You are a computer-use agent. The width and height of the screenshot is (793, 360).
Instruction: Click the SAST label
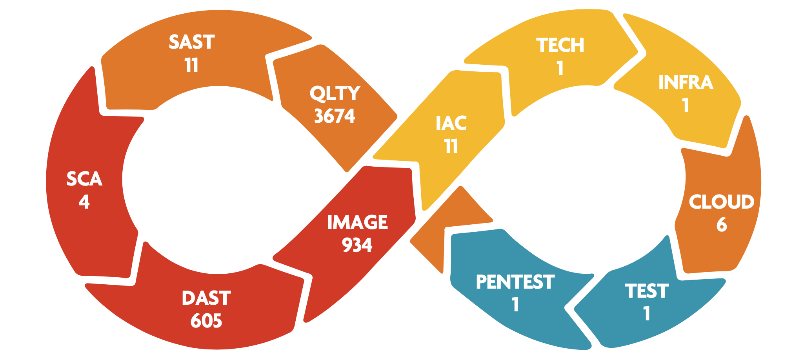192,42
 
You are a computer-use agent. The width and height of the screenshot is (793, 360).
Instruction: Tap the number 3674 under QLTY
335,116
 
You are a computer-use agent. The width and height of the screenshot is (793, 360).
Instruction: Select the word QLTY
335,93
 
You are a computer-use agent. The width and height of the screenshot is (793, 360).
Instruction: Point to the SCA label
84,179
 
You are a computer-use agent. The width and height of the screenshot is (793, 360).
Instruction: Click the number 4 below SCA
84,202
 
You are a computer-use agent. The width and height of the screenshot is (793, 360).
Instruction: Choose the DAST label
206,298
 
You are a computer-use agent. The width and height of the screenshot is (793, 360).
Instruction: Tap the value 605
206,321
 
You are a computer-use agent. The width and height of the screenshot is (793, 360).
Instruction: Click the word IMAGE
357,222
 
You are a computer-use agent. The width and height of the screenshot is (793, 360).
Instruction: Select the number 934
357,245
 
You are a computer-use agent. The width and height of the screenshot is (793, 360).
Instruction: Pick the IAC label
451,123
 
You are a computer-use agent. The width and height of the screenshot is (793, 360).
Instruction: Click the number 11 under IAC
451,146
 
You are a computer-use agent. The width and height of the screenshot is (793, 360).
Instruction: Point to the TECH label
560,45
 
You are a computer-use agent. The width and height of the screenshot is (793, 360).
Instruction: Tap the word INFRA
686,82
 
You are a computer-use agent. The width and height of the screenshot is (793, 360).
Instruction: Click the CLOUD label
722,202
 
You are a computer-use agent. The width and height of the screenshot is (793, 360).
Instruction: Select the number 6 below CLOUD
722,224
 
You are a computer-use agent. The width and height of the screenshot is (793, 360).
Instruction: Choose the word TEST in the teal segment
647,291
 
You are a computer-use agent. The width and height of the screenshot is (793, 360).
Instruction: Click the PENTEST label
515,282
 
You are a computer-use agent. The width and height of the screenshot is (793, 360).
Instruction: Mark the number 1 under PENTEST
515,305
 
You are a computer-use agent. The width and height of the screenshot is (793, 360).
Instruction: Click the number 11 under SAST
192,65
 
